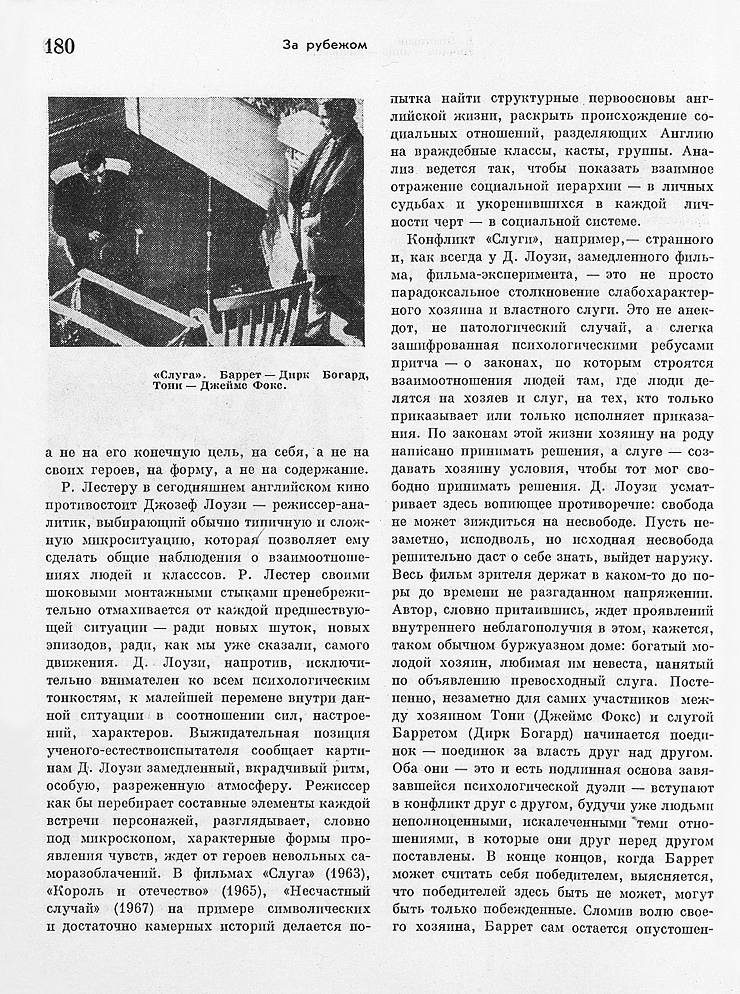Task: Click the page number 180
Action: (x=60, y=46)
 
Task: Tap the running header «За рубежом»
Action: (x=325, y=45)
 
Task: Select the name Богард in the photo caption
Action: (x=345, y=375)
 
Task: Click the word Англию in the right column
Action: (x=687, y=133)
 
